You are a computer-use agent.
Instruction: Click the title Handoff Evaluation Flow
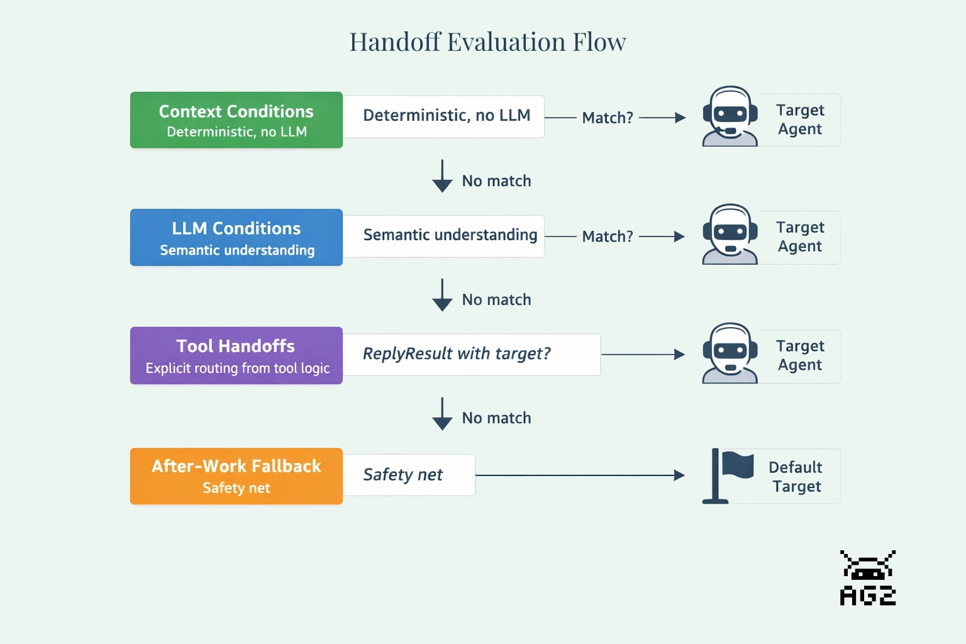(487, 42)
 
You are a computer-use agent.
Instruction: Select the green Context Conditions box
(236, 120)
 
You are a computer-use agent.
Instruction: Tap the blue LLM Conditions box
(236, 238)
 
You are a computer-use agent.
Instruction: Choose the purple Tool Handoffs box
(236, 355)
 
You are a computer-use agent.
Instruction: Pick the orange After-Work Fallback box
(236, 476)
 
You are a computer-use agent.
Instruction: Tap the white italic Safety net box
(409, 475)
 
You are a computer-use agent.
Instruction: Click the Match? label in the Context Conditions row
(607, 118)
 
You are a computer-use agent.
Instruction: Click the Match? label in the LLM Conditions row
(607, 236)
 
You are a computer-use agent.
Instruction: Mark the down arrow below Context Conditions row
(442, 176)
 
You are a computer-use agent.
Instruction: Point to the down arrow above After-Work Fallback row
(442, 414)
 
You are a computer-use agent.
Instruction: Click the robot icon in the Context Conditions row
(730, 117)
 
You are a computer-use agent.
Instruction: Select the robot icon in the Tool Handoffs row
(730, 353)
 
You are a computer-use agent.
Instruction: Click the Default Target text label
(796, 477)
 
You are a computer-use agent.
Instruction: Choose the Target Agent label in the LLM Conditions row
(799, 236)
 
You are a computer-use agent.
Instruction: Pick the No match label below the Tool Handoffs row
(496, 418)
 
